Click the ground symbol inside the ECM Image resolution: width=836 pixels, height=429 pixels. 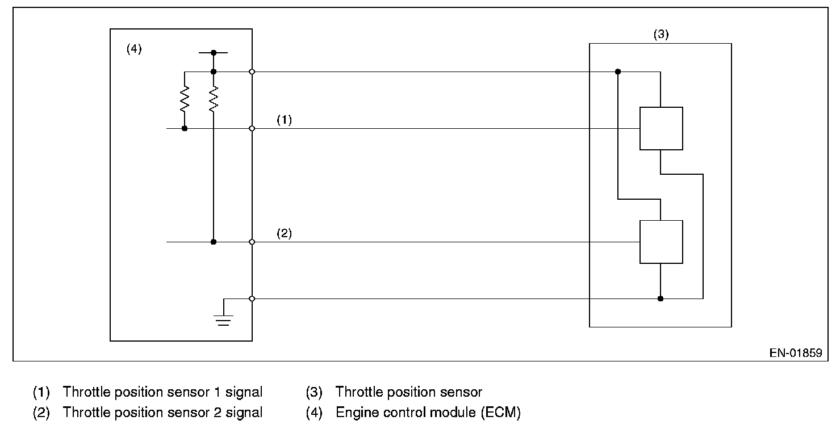point(225,320)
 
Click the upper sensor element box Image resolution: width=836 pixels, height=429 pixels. point(661,128)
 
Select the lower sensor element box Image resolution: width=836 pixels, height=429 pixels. point(661,242)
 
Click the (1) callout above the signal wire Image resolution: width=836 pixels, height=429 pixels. point(284,120)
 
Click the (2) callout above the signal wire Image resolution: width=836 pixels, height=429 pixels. point(284,233)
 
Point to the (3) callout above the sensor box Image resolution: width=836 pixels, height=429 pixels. point(661,34)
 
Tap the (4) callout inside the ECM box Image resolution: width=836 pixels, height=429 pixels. point(133,49)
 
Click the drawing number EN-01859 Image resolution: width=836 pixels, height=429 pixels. point(795,352)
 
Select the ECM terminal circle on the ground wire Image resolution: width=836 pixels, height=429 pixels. point(252,298)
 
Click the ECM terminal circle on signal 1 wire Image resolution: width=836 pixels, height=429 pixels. point(252,128)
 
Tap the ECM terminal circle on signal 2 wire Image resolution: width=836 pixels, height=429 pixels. point(252,242)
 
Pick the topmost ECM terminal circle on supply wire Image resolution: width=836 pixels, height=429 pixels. point(252,71)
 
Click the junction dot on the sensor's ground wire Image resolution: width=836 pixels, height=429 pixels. point(660,298)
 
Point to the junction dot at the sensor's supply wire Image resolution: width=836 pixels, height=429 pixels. point(618,71)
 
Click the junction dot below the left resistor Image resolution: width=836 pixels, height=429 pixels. point(185,128)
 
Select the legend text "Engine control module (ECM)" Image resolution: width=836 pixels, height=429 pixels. point(428,413)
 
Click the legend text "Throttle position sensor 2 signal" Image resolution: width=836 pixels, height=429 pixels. point(162,413)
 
